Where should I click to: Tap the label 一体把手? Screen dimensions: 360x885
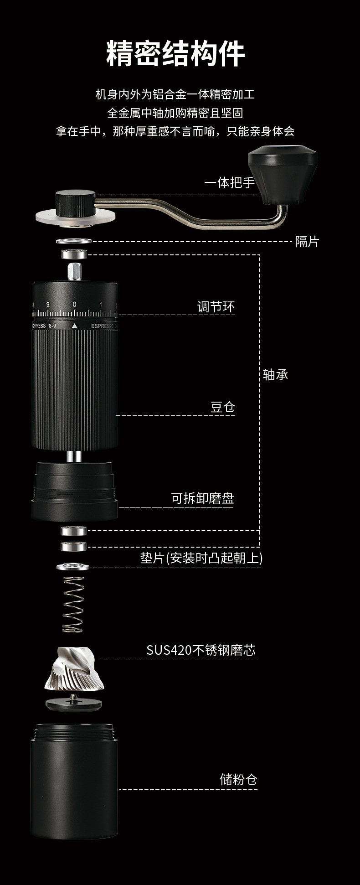[229, 183]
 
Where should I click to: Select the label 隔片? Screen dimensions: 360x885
[307, 242]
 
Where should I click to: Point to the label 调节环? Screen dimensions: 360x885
[216, 307]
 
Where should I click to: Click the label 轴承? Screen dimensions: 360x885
[276, 375]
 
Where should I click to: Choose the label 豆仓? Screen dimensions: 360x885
[222, 407]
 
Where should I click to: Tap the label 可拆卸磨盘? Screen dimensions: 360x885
[202, 498]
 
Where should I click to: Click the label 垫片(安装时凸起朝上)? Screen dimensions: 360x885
[201, 558]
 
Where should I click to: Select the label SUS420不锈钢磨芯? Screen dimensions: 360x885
[201, 650]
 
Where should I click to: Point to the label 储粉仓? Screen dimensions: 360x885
[238, 779]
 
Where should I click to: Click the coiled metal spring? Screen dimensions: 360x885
[73, 604]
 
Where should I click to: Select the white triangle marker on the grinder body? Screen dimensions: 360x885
[75, 326]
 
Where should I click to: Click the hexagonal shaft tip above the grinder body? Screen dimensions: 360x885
[74, 272]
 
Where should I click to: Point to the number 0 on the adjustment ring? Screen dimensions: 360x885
[75, 305]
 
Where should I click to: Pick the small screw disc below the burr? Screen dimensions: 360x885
[73, 704]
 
